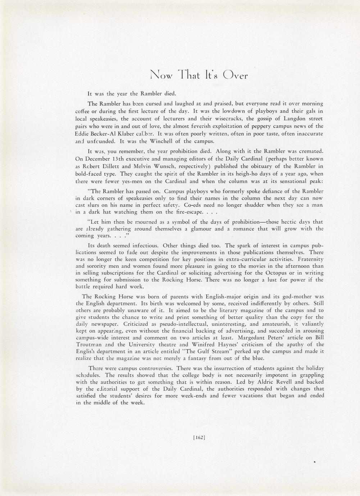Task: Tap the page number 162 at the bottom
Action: pos(199,437)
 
